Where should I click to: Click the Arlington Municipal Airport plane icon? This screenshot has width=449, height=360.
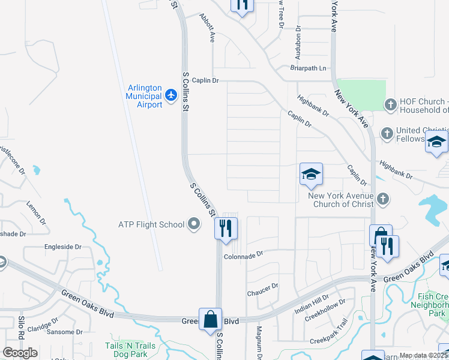pyautogui.click(x=171, y=95)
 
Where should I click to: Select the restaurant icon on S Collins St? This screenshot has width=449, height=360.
pyautogui.click(x=226, y=228)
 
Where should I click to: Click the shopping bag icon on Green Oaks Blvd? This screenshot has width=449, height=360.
pyautogui.click(x=211, y=319)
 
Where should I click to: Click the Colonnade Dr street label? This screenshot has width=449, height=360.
pyautogui.click(x=244, y=254)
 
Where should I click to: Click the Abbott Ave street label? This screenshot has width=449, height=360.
pyautogui.click(x=208, y=28)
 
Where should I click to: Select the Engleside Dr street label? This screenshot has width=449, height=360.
pyautogui.click(x=62, y=247)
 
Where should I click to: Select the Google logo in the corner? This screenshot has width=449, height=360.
pyautogui.click(x=20, y=352)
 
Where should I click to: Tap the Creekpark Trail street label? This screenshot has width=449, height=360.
pyautogui.click(x=329, y=340)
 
